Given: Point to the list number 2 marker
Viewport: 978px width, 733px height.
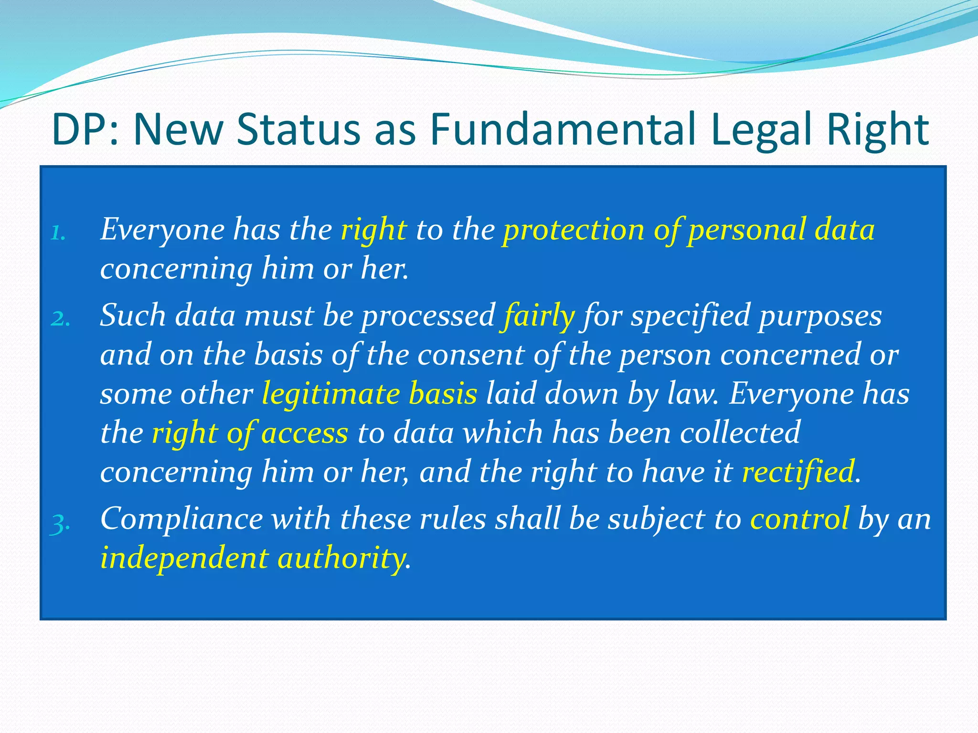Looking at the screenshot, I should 60,319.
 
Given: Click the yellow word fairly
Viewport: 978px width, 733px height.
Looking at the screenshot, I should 537,316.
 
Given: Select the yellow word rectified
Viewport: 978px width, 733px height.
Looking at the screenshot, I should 798,471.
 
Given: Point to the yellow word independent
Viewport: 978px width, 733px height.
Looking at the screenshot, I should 184,558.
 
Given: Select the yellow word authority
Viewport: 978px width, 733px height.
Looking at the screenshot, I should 341,558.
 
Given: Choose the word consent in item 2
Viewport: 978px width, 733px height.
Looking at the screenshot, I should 470,355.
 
